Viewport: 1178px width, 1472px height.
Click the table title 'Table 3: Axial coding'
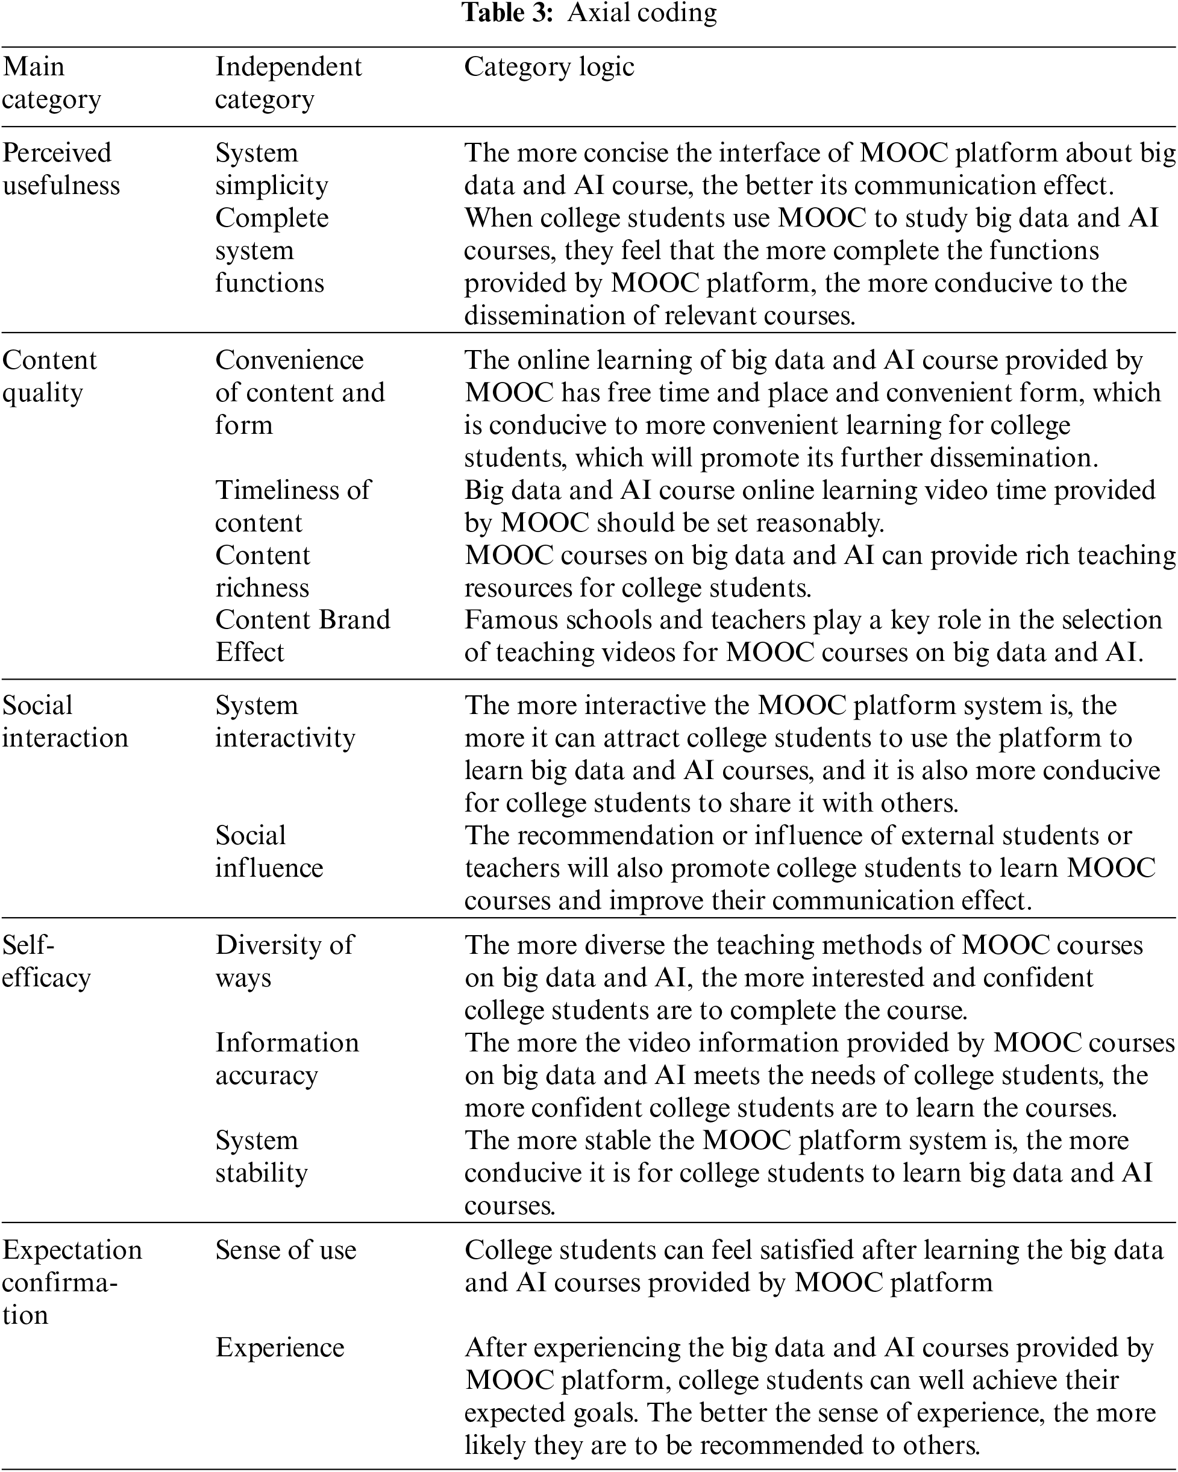coord(590,14)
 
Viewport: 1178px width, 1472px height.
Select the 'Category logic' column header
coord(549,67)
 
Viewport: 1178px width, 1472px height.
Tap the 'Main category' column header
coord(51,83)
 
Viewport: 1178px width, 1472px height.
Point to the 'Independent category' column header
coord(288,83)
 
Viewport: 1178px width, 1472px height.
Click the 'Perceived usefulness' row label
coord(61,169)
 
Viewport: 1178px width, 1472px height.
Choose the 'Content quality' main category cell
coord(49,376)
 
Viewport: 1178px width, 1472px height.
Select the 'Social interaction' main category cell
coord(65,722)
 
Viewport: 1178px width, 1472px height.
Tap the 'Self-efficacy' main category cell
coord(46,961)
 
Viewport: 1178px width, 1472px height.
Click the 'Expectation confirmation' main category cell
coord(72,1282)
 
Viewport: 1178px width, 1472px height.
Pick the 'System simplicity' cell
coord(271,169)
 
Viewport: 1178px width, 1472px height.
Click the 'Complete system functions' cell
coord(271,250)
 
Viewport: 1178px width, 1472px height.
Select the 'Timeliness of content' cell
coord(292,506)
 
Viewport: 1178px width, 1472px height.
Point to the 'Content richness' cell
coord(262,571)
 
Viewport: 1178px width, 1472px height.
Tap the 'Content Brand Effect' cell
coord(302,636)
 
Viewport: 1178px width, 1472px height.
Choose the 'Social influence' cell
coord(269,851)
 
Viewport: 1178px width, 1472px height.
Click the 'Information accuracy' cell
coord(287,1059)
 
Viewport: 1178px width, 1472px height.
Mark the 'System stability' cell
coord(261,1157)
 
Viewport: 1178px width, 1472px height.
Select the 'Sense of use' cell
coord(286,1250)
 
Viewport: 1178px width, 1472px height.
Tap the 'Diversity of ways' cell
coord(284,961)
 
